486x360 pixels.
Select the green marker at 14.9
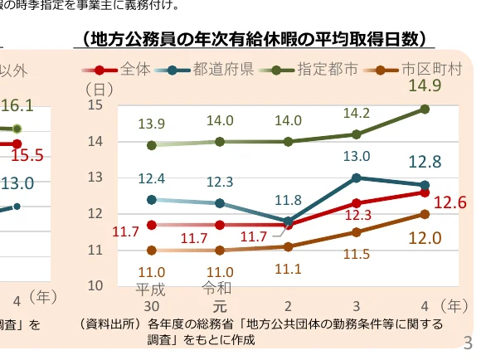click(x=425, y=109)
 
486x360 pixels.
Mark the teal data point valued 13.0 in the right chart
click(x=357, y=178)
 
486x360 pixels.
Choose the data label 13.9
click(x=151, y=124)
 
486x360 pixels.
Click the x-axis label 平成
click(x=151, y=289)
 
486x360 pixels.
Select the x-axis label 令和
click(x=219, y=288)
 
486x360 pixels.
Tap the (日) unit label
click(x=100, y=87)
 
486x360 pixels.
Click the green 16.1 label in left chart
click(x=17, y=105)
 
